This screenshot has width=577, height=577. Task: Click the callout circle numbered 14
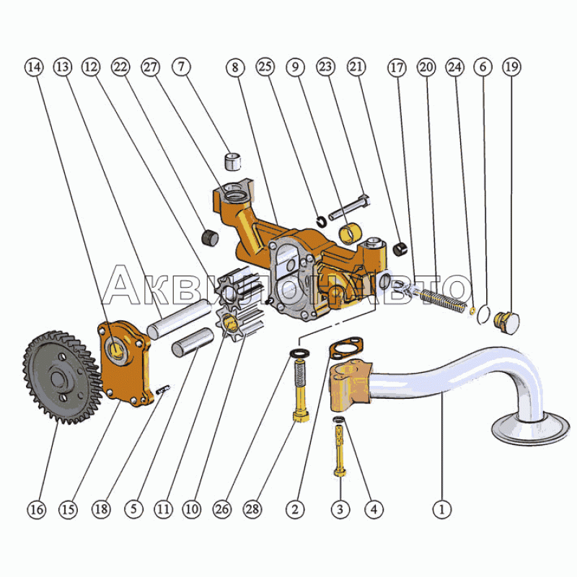pos(33,66)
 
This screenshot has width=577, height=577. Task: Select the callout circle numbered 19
pos(511,66)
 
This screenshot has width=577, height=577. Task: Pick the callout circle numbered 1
pos(443,509)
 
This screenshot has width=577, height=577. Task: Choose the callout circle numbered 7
pos(181,66)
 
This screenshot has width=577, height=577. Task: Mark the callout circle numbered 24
pos(454,66)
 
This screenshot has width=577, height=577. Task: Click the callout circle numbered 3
pos(340,509)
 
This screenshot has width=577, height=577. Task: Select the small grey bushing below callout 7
pos(232,160)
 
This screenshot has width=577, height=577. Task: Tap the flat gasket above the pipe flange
pos(347,349)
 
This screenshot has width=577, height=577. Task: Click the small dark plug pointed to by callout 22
pos(209,237)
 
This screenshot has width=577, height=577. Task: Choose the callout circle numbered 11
pos(163,509)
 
